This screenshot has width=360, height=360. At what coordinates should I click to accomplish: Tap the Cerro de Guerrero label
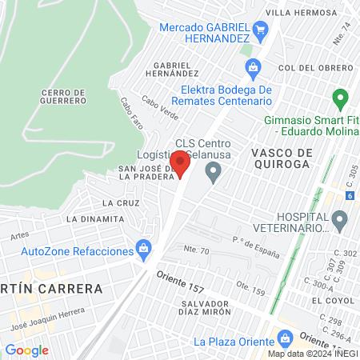[62, 97]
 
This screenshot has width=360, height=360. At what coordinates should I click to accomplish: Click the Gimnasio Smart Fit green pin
[340, 100]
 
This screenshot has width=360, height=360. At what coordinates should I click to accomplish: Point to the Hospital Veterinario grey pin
[340, 219]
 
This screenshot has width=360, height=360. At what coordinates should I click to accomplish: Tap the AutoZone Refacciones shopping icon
[144, 250]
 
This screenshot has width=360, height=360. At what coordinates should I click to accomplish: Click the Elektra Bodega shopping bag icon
[253, 67]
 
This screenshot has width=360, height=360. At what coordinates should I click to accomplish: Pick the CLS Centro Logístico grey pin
[213, 170]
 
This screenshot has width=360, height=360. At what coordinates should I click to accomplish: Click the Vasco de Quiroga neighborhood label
[280, 158]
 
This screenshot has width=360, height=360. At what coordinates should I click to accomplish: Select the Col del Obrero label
[316, 68]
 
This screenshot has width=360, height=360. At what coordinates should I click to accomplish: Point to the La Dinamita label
[95, 218]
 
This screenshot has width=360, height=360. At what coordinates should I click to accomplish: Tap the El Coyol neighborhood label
[328, 300]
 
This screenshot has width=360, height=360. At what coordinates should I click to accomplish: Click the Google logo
[26, 350]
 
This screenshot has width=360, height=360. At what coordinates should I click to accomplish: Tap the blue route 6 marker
[350, 194]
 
